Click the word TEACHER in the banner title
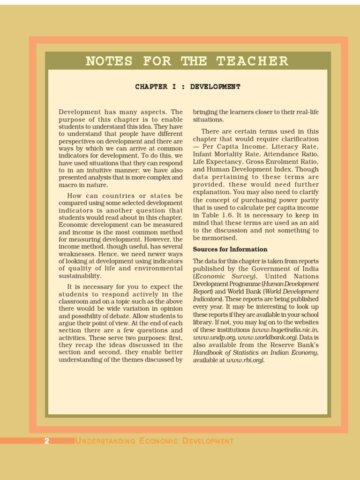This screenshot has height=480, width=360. coord(252,61)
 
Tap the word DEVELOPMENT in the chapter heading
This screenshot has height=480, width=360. coord(215,87)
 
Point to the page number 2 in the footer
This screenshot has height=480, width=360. coord(46,441)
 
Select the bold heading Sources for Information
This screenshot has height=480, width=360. coord(230,249)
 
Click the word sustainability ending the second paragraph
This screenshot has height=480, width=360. coord(80,276)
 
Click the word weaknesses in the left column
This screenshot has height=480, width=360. coord(77,254)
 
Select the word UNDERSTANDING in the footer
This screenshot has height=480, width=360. coord(105,441)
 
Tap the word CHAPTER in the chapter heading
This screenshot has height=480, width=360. coord(151,87)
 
